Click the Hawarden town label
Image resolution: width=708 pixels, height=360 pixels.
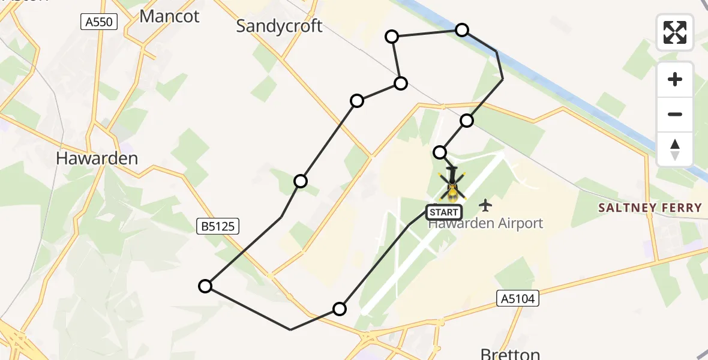click(97, 158)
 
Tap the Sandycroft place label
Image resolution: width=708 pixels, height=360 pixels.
click(279, 26)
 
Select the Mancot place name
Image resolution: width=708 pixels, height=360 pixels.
click(169, 16)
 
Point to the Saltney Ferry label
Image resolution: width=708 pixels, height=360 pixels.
click(650, 208)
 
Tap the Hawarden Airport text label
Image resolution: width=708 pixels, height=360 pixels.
click(485, 224)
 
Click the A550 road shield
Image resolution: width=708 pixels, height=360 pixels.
click(99, 22)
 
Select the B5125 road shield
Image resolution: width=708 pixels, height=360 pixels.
click(218, 226)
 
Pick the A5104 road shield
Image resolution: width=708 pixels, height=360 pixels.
click(518, 298)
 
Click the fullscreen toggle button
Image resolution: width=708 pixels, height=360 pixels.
click(675, 32)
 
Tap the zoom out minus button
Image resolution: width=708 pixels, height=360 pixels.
click(675, 114)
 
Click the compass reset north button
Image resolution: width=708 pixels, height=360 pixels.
click(675, 149)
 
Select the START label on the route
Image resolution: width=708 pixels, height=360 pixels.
click(443, 212)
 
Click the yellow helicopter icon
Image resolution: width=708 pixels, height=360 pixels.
click(452, 187)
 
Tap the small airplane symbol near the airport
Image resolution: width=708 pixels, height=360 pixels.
click(485, 206)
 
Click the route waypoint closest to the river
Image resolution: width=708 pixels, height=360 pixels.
click(462, 30)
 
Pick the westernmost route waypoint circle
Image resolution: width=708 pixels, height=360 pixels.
click(205, 286)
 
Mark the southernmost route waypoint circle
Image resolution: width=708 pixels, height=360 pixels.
click(340, 309)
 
